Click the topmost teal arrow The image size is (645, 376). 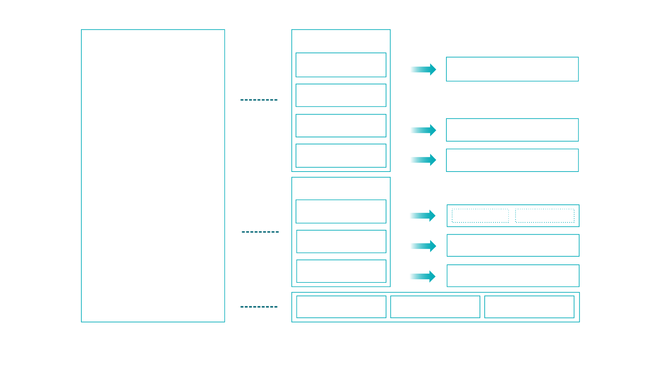point(423,70)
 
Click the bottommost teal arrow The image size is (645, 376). point(422,276)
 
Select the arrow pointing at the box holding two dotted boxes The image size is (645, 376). point(422,216)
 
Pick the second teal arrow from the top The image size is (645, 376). point(423,130)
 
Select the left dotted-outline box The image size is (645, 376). point(480,216)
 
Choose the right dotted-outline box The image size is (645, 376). point(545,216)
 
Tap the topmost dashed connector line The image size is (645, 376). point(259,100)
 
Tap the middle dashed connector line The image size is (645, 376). point(260,232)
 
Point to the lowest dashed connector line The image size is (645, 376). point(259,307)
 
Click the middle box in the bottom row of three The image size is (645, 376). point(435,307)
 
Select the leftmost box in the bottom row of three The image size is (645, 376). point(341,307)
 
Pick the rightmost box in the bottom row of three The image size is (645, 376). point(529,307)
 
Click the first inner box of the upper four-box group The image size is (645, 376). point(341,65)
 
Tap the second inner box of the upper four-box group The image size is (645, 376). point(341,95)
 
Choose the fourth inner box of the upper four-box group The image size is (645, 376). point(341,156)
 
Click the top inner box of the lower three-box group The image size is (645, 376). point(341,212)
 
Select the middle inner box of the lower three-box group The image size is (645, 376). point(341,241)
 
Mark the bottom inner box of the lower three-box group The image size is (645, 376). point(341,271)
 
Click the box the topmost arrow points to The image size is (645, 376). point(512,69)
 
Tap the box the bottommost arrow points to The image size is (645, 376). point(513,276)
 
